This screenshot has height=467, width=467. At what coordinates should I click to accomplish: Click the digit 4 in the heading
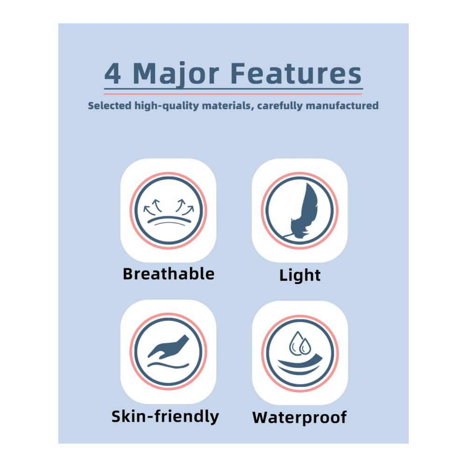pyautogui.click(x=113, y=74)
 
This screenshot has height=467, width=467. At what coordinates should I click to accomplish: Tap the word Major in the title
pyautogui.click(x=176, y=75)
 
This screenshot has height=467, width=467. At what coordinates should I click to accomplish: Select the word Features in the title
pyautogui.click(x=296, y=73)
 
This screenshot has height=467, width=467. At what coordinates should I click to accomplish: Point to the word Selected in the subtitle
pyautogui.click(x=110, y=106)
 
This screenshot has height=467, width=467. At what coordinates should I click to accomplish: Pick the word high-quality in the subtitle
pyautogui.click(x=167, y=106)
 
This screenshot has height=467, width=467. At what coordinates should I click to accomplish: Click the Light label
pyautogui.click(x=300, y=275)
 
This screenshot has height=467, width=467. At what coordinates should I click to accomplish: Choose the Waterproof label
pyautogui.click(x=299, y=417)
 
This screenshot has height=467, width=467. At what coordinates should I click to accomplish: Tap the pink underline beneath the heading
pyautogui.click(x=233, y=94)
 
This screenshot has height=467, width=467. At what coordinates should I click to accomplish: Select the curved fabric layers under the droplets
pyautogui.click(x=300, y=365)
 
